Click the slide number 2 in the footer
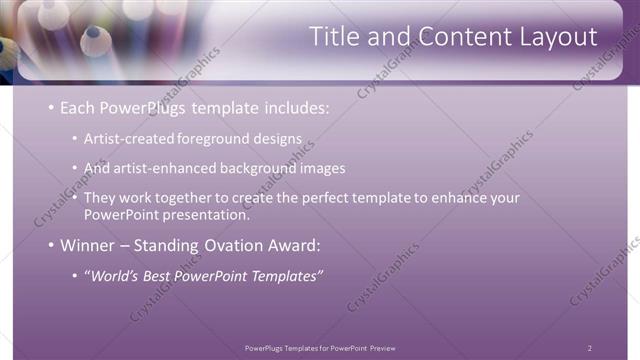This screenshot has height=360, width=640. click(x=589, y=347)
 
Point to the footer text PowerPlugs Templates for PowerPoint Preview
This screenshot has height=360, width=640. click(x=319, y=347)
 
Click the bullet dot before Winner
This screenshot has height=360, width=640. click(x=51, y=245)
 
